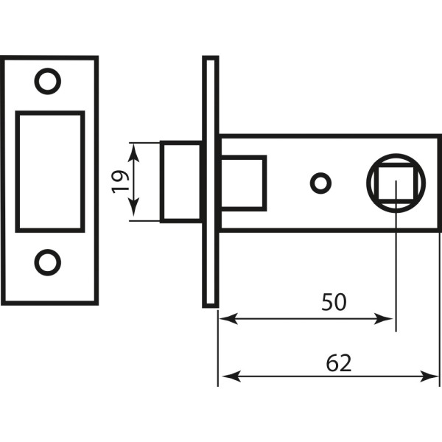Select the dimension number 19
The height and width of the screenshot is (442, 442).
click(121, 182)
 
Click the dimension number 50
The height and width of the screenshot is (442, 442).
click(334, 302)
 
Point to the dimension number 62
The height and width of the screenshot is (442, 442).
click(339, 363)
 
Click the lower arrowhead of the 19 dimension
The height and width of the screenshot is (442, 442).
click(133, 207)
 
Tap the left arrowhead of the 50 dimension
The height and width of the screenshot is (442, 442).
click(228, 318)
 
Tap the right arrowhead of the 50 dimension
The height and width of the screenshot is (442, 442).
click(383, 318)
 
